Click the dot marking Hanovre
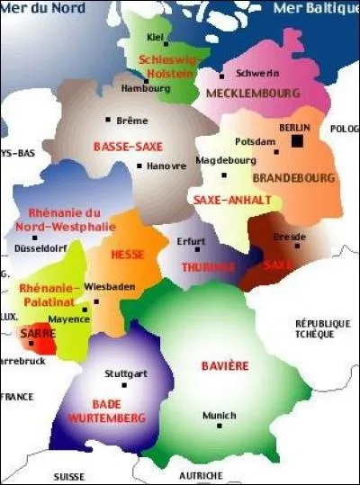tap(139, 166)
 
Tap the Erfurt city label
tap(192, 241)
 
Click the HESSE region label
tap(128, 255)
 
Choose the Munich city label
tap(219, 416)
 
